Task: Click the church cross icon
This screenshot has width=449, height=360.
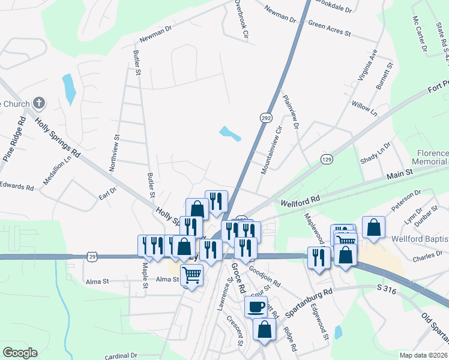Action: click(39, 103)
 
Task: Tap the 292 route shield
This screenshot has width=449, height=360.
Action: click(266, 118)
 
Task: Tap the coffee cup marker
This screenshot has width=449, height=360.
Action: click(256, 307)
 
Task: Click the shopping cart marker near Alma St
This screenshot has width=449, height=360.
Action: click(191, 276)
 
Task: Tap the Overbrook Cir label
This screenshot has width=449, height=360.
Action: click(241, 19)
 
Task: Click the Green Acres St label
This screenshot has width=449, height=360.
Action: click(329, 28)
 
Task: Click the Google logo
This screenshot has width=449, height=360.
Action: click(20, 352)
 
